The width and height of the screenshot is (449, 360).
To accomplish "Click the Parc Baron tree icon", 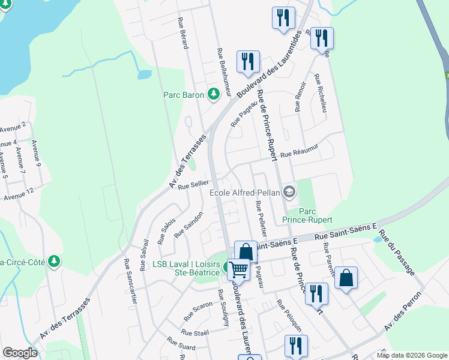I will tap(213, 94).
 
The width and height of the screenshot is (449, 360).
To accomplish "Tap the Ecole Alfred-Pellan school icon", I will tap(289, 192).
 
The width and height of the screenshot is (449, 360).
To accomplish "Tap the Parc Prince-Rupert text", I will tap(307, 215).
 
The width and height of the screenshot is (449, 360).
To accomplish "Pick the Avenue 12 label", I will tap(18, 196).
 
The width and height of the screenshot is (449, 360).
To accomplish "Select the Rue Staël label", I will tap(194, 332).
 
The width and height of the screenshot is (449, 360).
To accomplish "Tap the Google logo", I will tap(20, 353).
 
